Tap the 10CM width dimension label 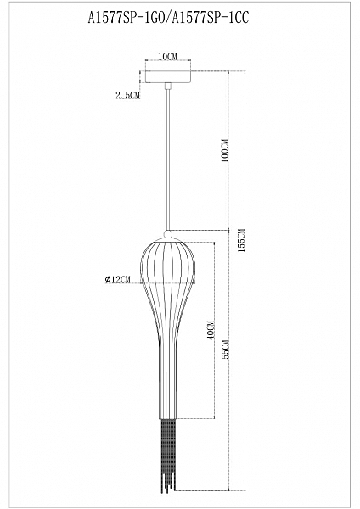(x=167, y=57)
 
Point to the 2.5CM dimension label (x=127, y=95)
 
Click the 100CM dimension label (x=226, y=151)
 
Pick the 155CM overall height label (x=243, y=240)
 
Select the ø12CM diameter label (x=118, y=279)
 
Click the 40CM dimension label (x=211, y=331)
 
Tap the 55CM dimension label (x=226, y=350)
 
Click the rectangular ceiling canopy (x=168, y=77)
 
